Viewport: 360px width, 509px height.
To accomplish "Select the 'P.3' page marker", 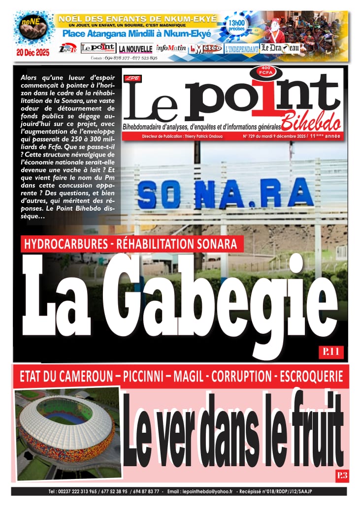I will pyautogui.click(x=342, y=475).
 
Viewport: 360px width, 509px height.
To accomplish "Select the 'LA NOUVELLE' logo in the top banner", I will pyautogui.click(x=135, y=49).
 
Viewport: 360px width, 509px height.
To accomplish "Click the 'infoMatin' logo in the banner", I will pyautogui.click(x=171, y=48).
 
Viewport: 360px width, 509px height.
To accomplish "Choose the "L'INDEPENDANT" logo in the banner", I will pyautogui.click(x=242, y=49).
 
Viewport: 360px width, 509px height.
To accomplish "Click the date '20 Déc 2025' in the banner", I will pyautogui.click(x=33, y=53).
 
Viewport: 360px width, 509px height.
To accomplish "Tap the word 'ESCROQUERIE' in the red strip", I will pyautogui.click(x=311, y=377).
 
